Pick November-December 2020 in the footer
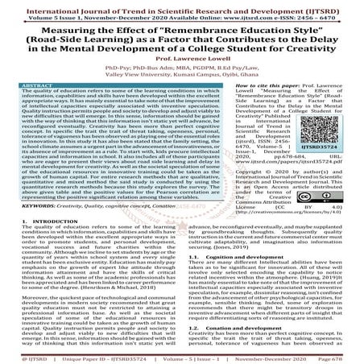click(272, 355)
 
